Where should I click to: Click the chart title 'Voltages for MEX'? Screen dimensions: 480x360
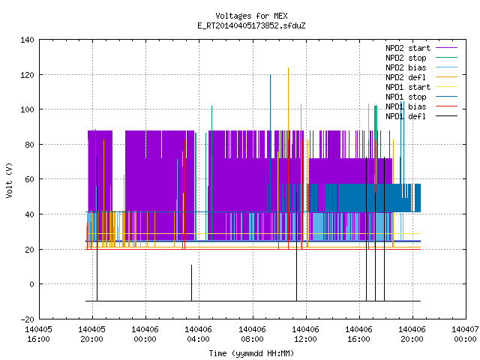(251, 16)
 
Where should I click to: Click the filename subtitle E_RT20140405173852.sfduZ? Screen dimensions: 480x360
(251, 25)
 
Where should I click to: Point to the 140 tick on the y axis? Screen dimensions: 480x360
(27, 40)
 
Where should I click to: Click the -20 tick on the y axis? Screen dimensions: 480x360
(27, 319)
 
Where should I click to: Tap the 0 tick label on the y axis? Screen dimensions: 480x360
(31, 284)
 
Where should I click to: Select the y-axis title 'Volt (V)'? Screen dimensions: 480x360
(9, 181)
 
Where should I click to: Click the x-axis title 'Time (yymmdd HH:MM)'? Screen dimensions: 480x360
(251, 353)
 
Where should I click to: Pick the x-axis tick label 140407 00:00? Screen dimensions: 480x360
(465, 334)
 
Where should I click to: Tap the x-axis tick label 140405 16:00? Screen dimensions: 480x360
(38, 334)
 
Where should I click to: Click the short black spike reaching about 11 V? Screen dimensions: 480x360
(192, 283)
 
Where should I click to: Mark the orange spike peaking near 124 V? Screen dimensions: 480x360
(288, 158)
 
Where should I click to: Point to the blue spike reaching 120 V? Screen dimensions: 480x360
(270, 143)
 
